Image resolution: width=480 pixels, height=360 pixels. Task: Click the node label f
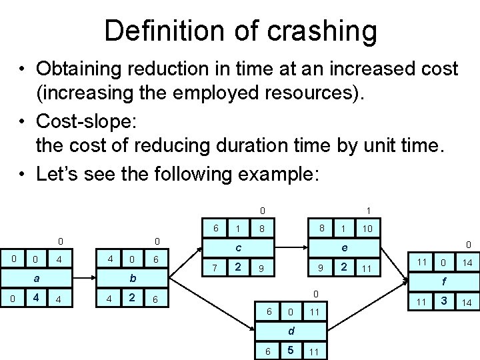[441, 282]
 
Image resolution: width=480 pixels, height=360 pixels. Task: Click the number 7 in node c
[214, 269]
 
